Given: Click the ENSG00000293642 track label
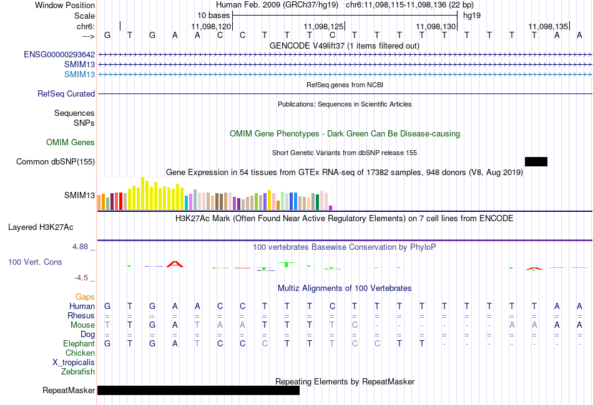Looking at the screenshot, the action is point(59,55).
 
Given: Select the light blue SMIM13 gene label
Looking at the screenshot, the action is point(79,74).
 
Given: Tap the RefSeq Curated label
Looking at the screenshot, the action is point(66,93).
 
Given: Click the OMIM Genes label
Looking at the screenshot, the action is point(71,142).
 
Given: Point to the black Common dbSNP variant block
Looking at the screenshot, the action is point(536,161).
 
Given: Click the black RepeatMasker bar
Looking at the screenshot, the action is point(198,390).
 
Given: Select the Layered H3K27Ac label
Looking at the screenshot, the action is point(41,227).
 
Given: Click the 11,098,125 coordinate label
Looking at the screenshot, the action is point(323,26).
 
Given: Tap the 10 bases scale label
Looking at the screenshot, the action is point(213,16).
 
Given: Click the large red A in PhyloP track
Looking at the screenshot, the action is point(175,264).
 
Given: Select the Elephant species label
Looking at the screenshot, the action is point(79,344).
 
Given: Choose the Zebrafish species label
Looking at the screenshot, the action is point(78,372).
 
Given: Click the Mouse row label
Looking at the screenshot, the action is point(82,325).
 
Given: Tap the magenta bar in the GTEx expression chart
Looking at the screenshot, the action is point(331,207).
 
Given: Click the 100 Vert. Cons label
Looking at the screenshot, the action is point(35,262).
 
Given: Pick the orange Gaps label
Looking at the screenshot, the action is point(85,297).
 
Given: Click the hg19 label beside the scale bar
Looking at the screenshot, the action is point(472,16).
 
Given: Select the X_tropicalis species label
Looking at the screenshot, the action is point(74,363).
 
